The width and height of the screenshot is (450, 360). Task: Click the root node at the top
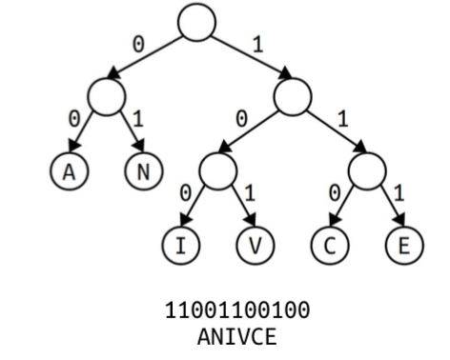tap(197, 24)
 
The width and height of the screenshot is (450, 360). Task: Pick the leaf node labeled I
tap(179, 246)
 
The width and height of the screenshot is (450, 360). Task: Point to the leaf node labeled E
tap(403, 246)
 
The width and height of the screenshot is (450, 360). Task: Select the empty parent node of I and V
tap(218, 171)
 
